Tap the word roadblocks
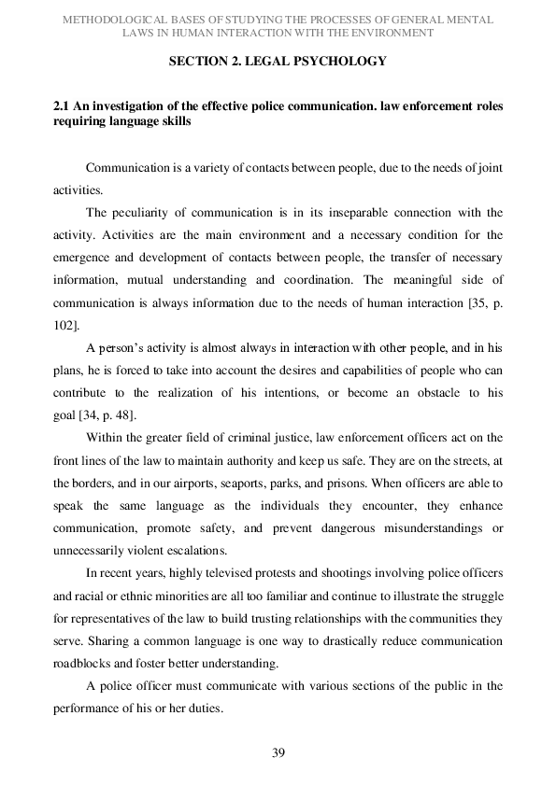point(89,666)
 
